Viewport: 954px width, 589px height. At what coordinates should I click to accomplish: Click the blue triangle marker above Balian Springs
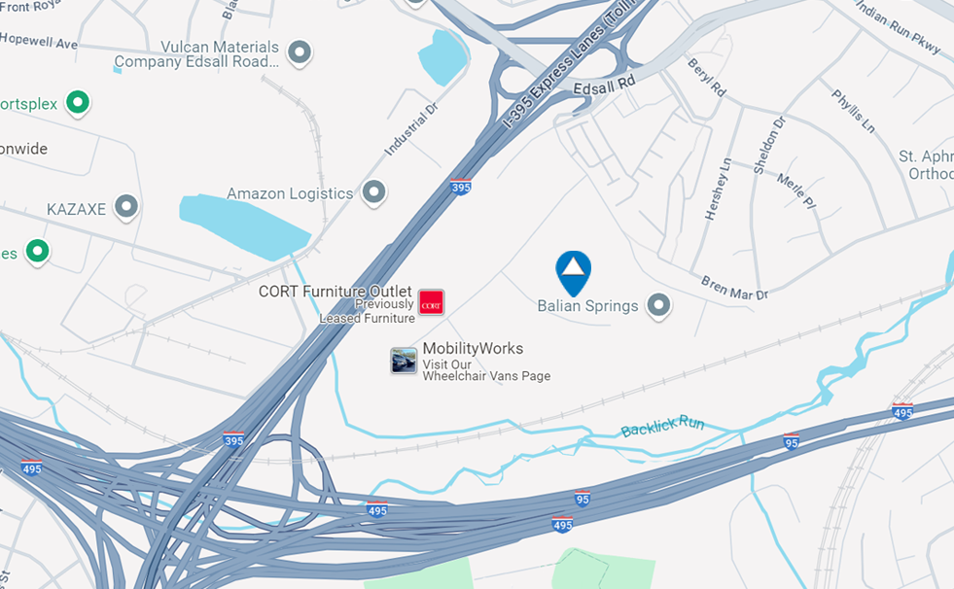tap(574, 269)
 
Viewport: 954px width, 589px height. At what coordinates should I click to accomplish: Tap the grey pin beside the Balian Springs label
tap(660, 306)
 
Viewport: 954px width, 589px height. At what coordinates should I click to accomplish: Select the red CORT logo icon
tap(431, 302)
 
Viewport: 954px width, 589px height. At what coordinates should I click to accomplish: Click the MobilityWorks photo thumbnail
tap(404, 361)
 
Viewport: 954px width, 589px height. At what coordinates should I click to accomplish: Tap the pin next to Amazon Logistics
tap(373, 192)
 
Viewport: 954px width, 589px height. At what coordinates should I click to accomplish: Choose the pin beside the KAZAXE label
tap(125, 206)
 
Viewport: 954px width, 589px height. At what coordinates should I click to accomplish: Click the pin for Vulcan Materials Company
tap(300, 52)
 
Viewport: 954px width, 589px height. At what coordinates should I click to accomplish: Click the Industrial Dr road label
tap(411, 129)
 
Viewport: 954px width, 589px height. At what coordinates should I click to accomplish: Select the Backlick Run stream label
tap(662, 425)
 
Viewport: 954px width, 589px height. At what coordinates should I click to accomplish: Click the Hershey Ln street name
tap(719, 189)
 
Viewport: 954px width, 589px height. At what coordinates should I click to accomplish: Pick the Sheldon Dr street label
tap(767, 145)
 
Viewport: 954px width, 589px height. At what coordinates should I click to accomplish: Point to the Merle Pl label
tap(795, 191)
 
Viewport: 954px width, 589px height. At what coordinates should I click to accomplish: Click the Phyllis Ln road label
tap(853, 112)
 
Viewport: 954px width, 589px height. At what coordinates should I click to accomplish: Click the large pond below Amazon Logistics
tap(243, 225)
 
